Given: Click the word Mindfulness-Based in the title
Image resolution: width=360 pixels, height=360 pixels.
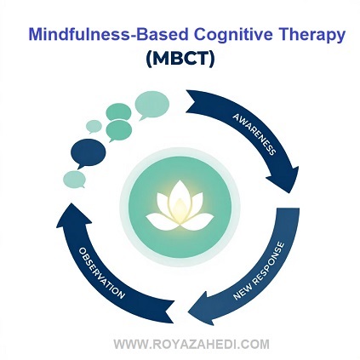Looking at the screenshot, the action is (x=108, y=34).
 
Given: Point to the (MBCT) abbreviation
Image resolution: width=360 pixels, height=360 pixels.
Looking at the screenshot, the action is (x=180, y=59).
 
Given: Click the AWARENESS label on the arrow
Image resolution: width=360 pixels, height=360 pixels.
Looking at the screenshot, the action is (x=254, y=134).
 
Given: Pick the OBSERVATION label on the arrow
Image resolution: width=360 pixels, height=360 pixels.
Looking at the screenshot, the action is (x=101, y=273).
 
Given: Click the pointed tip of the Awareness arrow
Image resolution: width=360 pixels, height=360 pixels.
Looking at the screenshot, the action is (x=289, y=193).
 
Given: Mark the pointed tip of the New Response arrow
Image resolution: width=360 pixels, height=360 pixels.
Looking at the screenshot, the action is (x=188, y=313).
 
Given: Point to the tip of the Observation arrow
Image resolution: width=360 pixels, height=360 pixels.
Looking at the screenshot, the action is (x=71, y=203).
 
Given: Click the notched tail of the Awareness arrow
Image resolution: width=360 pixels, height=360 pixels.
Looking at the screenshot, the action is (x=195, y=102).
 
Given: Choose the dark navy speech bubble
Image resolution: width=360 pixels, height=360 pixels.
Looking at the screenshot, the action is (x=88, y=153).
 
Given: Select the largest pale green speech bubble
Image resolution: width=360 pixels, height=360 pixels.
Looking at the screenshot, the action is (x=151, y=105).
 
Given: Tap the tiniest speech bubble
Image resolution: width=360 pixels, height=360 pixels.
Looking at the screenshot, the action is (x=94, y=126).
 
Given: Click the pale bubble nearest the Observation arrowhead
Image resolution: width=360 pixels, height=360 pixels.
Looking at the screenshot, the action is (x=74, y=180).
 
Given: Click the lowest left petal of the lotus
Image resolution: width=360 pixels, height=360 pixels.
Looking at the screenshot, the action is (x=161, y=221).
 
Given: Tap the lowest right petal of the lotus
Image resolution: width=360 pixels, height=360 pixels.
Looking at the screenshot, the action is (x=197, y=221).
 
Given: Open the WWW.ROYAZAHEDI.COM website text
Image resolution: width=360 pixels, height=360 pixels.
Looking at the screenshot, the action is (x=191, y=345).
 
